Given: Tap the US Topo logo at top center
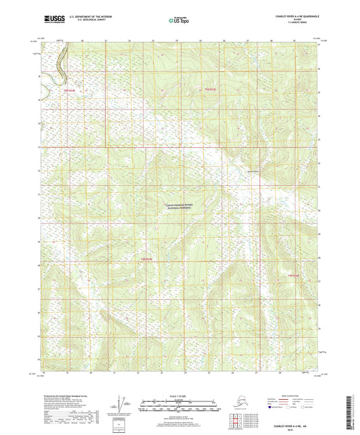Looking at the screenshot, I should tap(178, 21).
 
